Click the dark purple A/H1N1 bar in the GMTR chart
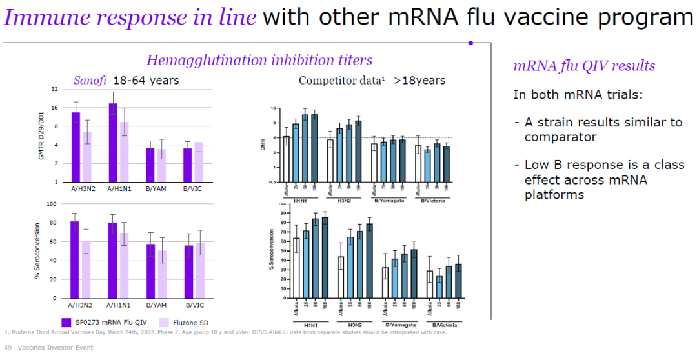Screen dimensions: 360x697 pos(113,142)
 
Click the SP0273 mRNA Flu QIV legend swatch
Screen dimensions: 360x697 pos(66,322)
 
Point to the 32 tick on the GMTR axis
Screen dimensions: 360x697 pos(54,89)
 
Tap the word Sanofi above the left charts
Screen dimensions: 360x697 pos(90,81)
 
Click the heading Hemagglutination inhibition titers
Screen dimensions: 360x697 pos(259,60)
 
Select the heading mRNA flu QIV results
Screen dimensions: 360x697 pos(583,66)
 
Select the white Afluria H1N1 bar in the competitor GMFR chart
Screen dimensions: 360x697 pos(286,159)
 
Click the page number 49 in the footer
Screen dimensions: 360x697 pos(8,348)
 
